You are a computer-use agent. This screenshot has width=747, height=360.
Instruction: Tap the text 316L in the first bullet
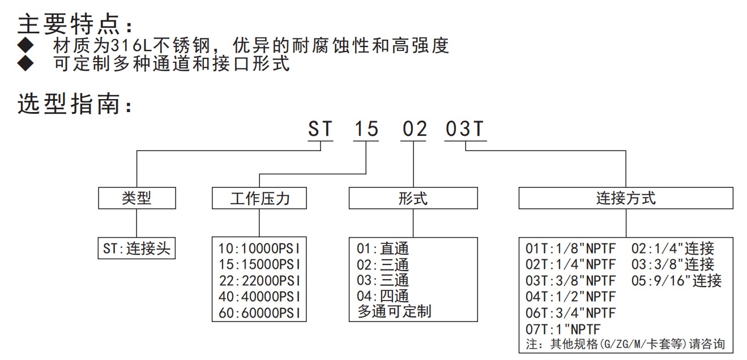131,46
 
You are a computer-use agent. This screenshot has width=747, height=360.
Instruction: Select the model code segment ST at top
320,128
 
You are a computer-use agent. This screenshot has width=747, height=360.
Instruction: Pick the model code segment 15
366,128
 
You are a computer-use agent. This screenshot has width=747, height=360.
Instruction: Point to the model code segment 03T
465,128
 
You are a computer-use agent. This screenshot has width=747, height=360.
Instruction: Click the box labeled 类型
136,198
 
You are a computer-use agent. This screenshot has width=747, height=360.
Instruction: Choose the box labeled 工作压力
259,198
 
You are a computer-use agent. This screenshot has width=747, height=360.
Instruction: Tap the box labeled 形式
413,198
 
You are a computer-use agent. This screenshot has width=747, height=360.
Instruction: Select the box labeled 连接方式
626,198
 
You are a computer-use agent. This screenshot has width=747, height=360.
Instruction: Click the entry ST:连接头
136,248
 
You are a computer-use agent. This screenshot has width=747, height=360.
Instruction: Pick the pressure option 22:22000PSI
259,281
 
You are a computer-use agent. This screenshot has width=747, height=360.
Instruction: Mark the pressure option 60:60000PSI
259,313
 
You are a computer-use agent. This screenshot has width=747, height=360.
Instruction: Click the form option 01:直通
382,248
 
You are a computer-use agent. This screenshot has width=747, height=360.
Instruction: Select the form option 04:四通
382,296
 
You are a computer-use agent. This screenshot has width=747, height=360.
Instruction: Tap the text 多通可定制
394,311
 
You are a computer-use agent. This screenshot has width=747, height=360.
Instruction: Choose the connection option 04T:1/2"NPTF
570,297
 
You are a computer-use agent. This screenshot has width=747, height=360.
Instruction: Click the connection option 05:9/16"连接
676,281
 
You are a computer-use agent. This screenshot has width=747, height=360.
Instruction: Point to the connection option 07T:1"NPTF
563,329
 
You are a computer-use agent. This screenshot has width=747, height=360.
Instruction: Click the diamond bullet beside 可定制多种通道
25,63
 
